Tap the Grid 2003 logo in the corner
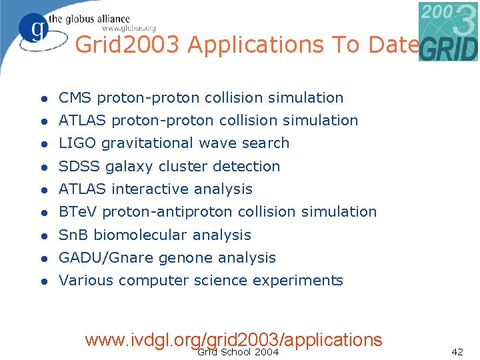point(448,31)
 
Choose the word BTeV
point(78,212)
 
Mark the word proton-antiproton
point(163,212)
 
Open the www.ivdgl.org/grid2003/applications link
point(233,339)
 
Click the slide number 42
point(457,352)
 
